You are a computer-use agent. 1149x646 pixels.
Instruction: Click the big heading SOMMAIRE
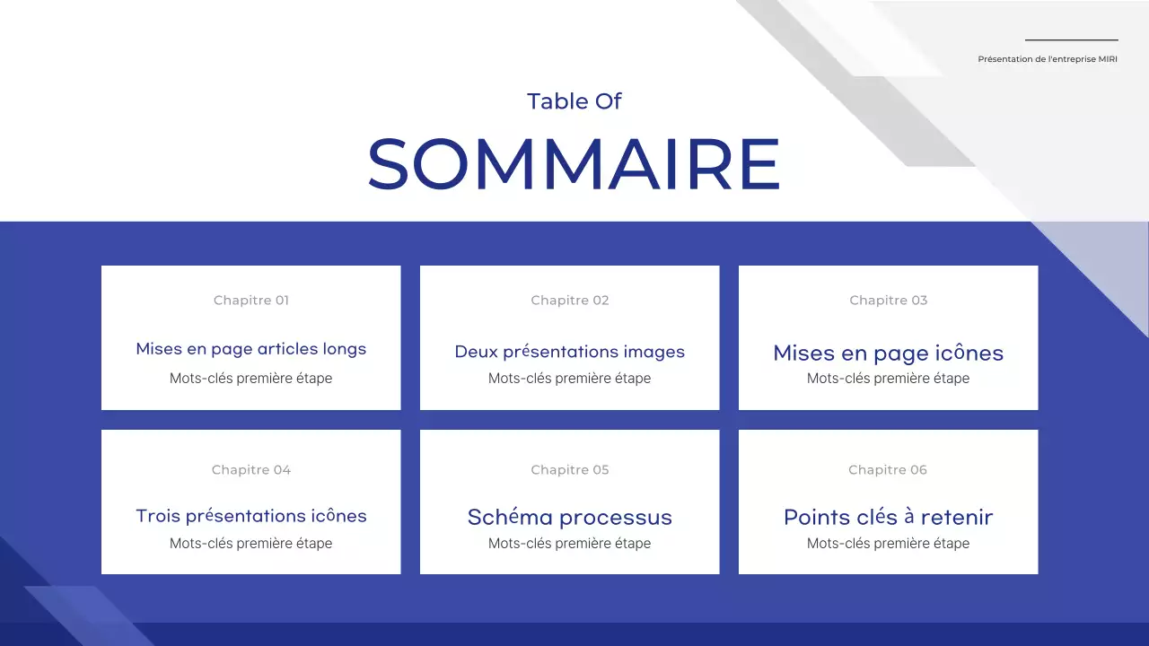[x=574, y=163]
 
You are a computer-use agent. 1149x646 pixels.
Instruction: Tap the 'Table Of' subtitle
[x=574, y=101]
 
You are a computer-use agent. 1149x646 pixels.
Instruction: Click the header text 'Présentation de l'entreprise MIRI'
[x=1048, y=59]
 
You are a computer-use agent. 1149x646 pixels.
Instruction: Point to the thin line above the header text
[x=1071, y=39]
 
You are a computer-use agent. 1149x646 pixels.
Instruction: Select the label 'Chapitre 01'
[x=251, y=301]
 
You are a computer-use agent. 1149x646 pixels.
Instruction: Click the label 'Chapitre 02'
[x=570, y=301]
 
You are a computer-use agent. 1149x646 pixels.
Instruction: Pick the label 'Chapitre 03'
[x=889, y=301]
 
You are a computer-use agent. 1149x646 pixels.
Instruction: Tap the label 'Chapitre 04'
[x=251, y=470]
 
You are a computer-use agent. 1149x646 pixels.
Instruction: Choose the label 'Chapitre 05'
[x=570, y=470]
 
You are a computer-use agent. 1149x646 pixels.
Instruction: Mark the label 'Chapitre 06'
[x=888, y=470]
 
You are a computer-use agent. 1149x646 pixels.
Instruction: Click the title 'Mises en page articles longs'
[x=251, y=349]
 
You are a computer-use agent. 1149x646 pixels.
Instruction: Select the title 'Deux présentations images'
[x=570, y=352]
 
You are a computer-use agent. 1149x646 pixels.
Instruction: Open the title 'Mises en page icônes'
[x=889, y=353]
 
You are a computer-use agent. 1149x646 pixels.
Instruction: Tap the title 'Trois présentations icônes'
[x=251, y=516]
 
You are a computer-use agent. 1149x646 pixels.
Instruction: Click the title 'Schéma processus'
[x=570, y=518]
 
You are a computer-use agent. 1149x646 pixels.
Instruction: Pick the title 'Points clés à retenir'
[x=889, y=518]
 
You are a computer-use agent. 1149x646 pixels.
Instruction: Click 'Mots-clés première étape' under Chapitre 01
[x=251, y=379]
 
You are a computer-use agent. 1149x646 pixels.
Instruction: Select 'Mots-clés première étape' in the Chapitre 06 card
[x=889, y=544]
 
